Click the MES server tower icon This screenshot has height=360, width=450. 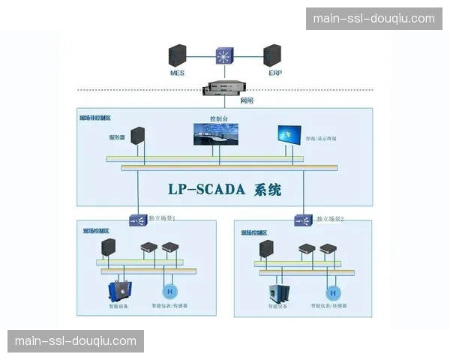[177, 55]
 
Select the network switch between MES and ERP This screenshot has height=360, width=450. [224, 56]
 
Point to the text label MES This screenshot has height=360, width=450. [177, 73]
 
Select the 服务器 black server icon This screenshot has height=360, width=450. [137, 136]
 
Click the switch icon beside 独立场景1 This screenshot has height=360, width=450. [138, 220]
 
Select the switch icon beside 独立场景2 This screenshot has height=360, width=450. [303, 220]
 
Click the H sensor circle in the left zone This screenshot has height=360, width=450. [169, 292]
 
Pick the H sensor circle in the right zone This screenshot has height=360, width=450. [331, 292]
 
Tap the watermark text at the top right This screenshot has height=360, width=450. [373, 19]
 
